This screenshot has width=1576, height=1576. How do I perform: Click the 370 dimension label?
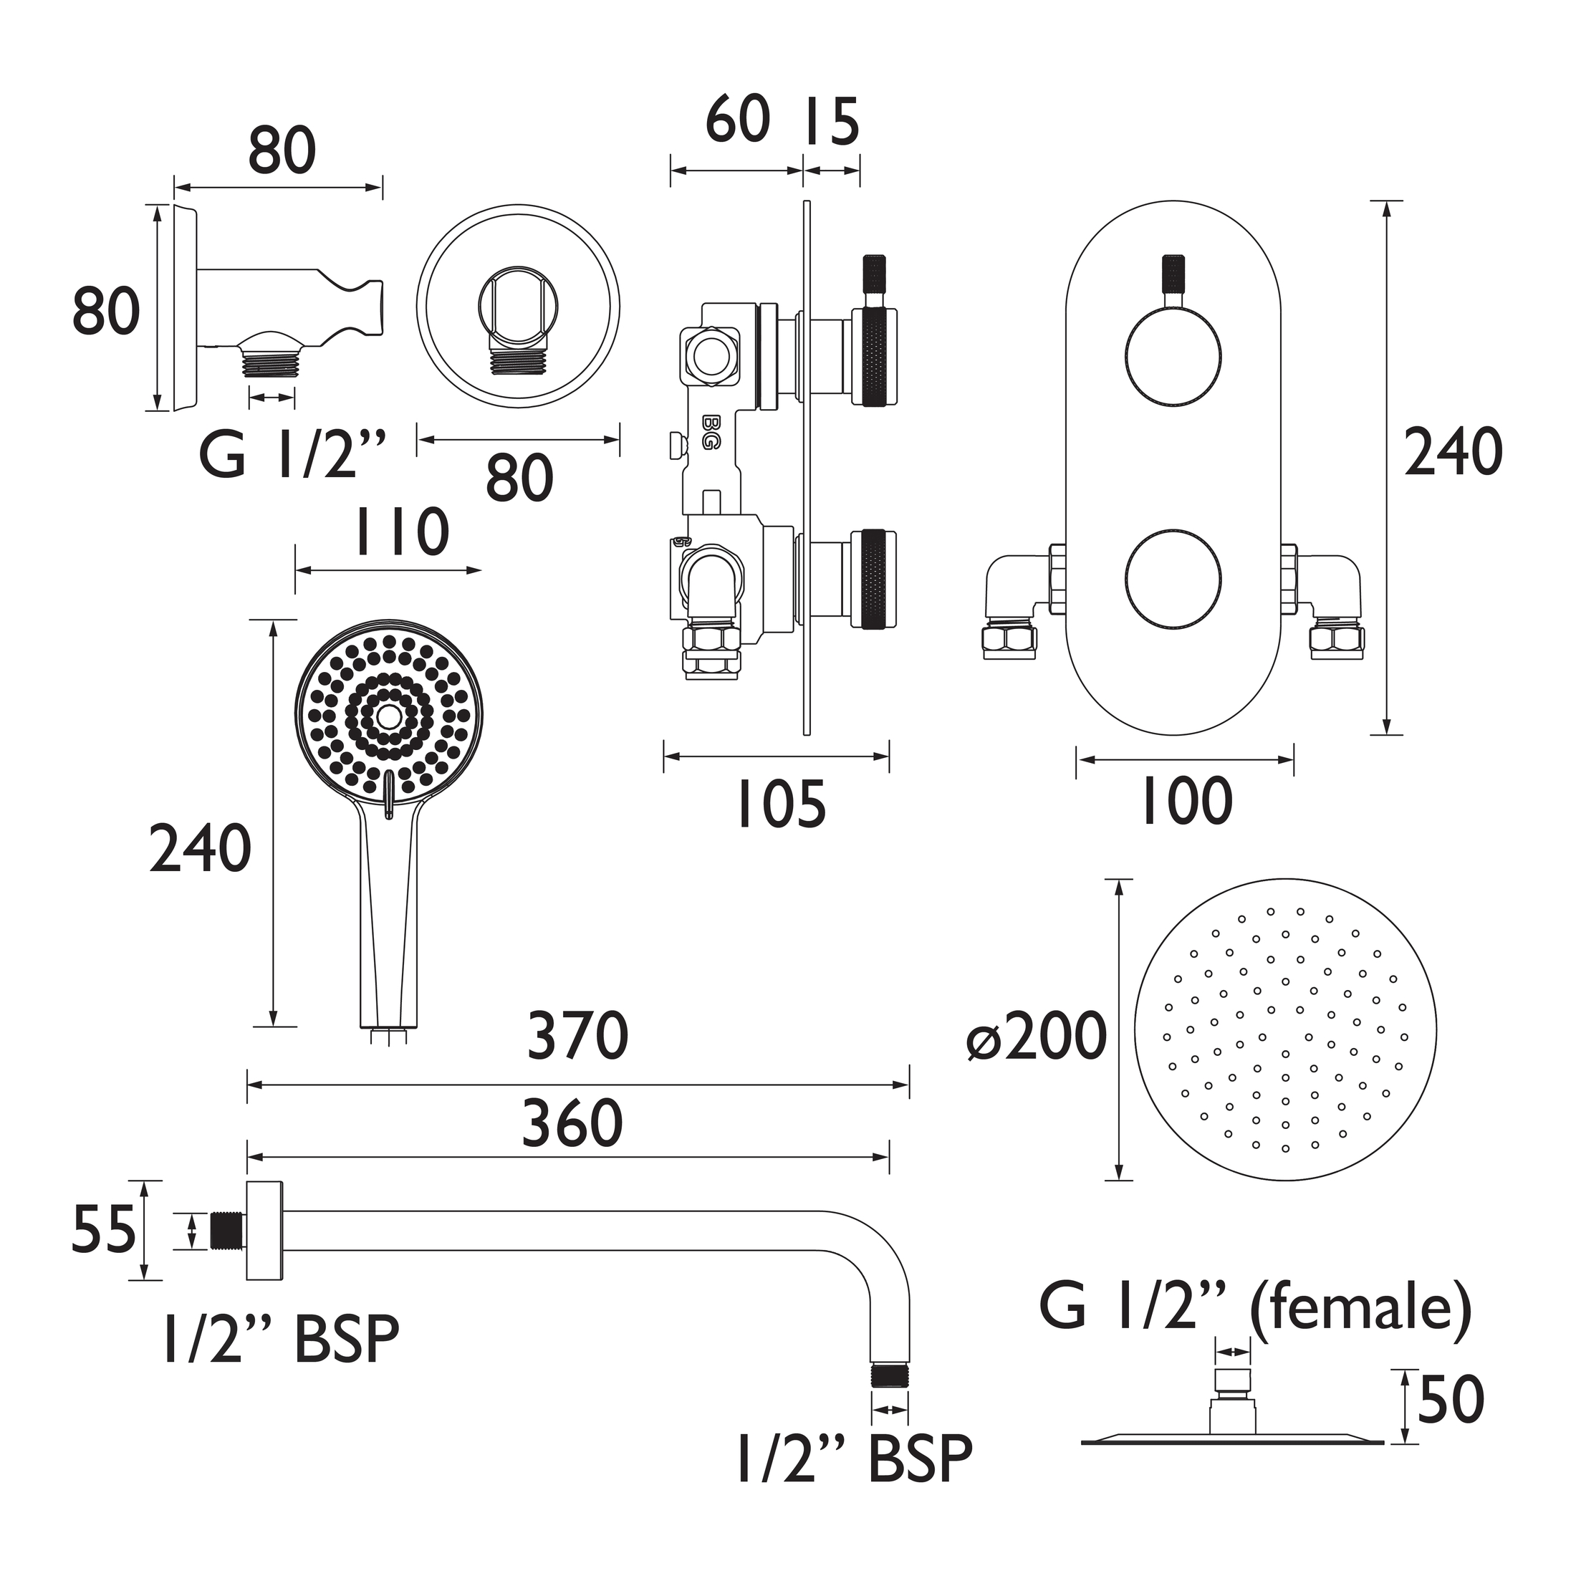tap(577, 1036)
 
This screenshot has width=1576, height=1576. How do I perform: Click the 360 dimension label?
tap(572, 1123)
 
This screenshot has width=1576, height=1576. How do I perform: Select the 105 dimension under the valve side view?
tap(781, 804)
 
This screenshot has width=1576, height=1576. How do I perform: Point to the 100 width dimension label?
tap(1186, 801)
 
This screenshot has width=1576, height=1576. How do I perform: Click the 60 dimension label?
tap(737, 119)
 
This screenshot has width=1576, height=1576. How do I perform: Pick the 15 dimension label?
tap(832, 122)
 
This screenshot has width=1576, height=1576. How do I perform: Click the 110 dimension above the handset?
tap(400, 532)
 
